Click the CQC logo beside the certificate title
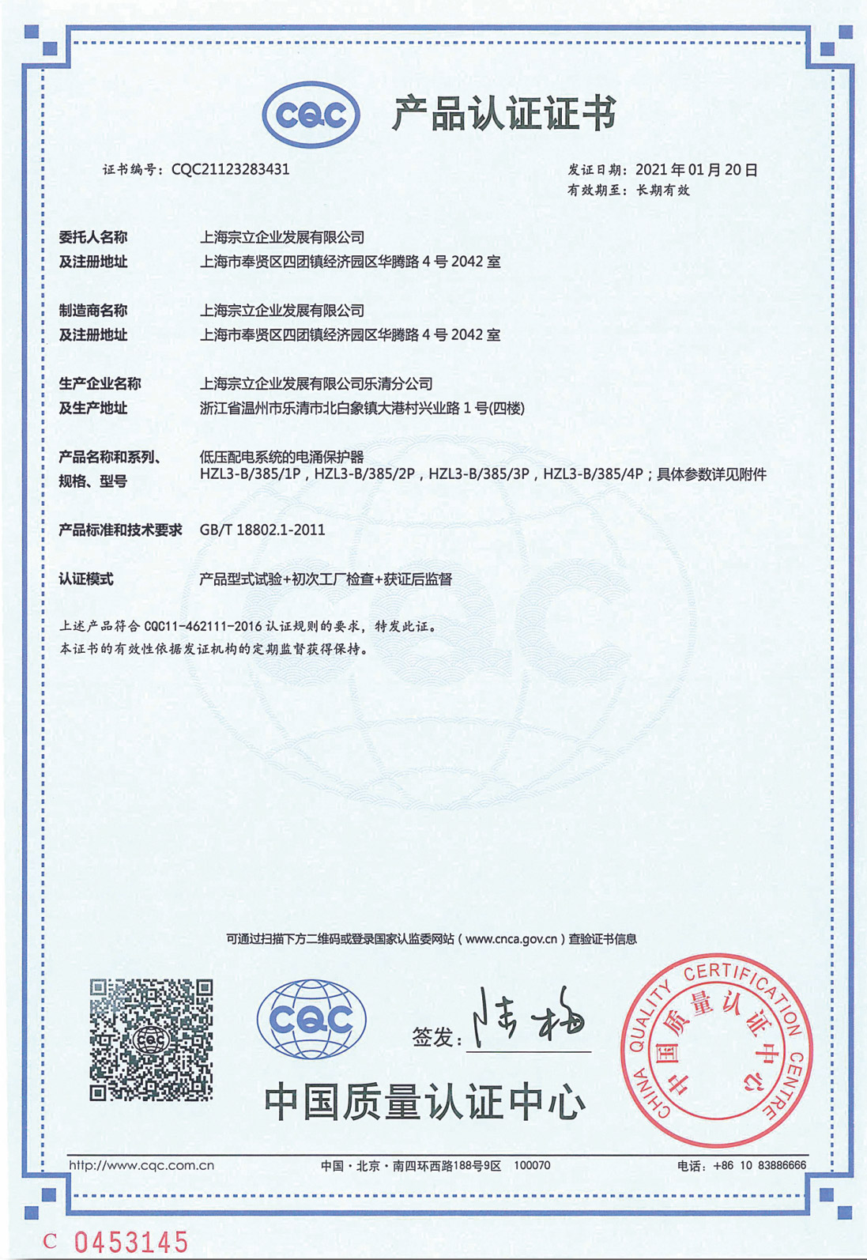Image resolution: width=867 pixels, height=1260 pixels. tap(311, 115)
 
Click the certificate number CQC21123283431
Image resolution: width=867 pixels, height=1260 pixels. tap(230, 169)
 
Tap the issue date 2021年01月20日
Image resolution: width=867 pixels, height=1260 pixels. tap(696, 170)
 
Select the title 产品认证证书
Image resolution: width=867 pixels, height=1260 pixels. tap(504, 114)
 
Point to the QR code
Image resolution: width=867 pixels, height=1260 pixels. tap(151, 1040)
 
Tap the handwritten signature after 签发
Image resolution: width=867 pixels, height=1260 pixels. tap(529, 1016)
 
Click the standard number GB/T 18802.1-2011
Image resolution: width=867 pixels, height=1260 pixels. tap(262, 530)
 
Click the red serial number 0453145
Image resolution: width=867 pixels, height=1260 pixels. tap(131, 1241)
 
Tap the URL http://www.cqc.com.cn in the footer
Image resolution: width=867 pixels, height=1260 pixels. tap(141, 1165)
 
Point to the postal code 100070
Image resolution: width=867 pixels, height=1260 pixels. tap(532, 1165)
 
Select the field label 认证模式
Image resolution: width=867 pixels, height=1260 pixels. tap(86, 579)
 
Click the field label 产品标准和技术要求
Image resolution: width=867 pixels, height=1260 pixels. tap(120, 530)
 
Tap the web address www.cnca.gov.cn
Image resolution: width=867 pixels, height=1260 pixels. tap(511, 939)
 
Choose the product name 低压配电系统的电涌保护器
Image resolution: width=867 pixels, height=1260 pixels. tap(281, 457)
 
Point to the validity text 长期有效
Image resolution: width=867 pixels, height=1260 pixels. tap(663, 191)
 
